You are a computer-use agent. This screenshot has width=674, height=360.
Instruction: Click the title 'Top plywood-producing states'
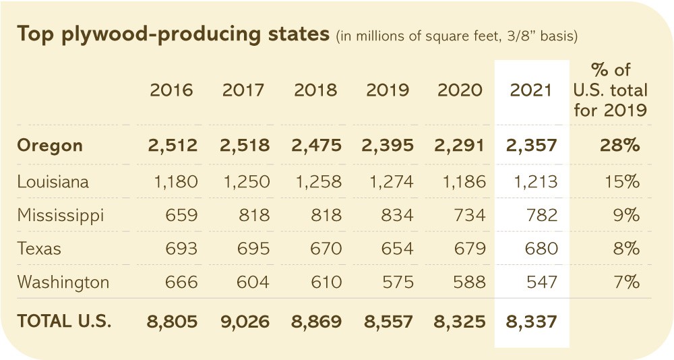173,34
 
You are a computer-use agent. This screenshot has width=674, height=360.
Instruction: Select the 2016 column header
171,90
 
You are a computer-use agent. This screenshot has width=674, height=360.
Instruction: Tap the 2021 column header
531,90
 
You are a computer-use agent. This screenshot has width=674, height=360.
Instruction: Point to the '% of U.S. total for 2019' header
611,90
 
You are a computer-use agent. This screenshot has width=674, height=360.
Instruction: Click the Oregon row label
50,146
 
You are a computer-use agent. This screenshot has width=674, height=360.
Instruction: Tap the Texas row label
39,249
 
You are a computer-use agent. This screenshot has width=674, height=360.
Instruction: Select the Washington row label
63,282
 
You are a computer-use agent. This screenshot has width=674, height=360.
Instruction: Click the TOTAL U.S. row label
64,322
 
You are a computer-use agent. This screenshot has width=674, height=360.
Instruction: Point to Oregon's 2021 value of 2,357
531,146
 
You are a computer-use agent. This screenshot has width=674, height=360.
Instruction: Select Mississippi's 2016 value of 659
181,215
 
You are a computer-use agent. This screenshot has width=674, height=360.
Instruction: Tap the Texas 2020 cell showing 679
470,249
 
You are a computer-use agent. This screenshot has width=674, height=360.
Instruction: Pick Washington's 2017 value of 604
253,282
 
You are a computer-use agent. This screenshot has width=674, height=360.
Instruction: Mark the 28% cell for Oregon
619,146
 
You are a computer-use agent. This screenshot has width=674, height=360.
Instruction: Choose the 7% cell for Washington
626,282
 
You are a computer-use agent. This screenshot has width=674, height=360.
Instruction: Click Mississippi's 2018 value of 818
326,215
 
